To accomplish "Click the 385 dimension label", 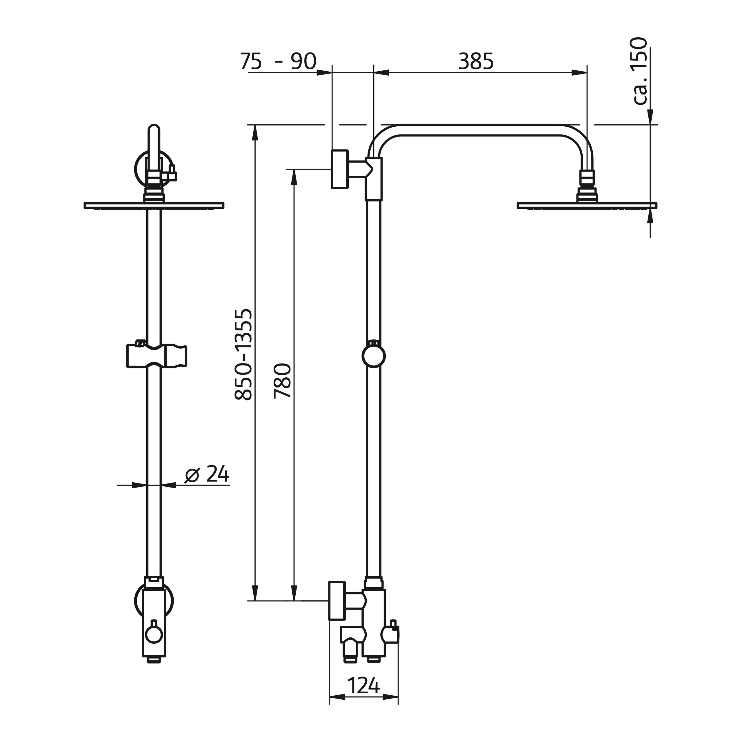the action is click(476, 61).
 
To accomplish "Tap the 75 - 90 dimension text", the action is click(278, 61).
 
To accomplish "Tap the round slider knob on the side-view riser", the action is click(373, 356).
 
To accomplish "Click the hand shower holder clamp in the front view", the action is click(157, 356).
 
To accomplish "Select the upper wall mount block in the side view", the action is click(340, 169).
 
